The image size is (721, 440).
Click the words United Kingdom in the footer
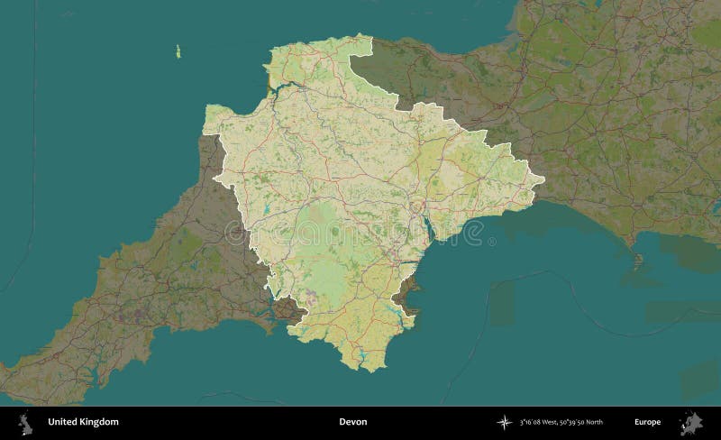tap(83, 421)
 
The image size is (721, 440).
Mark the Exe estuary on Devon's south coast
tap(426, 231)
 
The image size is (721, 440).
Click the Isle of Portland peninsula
tap(637, 263)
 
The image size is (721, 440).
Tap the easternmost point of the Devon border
tap(546, 184)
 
